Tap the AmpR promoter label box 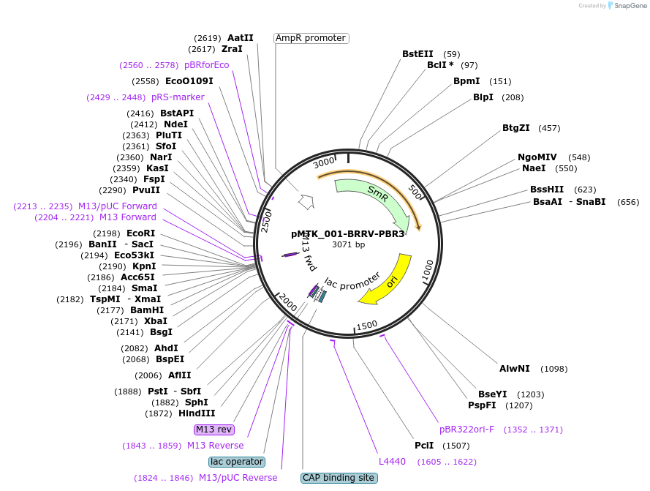tap(311, 38)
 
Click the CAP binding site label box tap(339, 478)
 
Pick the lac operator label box tap(237, 462)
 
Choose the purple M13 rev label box tap(214, 429)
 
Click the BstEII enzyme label tap(417, 54)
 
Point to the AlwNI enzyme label tap(515, 369)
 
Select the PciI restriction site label tap(424, 446)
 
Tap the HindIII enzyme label tap(197, 413)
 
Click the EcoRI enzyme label tap(140, 233)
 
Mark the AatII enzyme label tap(240, 38)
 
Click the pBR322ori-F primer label tap(466, 430)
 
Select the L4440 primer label tap(392, 462)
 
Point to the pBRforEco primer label tap(206, 65)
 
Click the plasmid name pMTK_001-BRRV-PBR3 tap(347, 234)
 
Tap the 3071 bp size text tap(348, 244)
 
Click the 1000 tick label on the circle tap(428, 270)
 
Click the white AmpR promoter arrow tap(306, 202)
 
